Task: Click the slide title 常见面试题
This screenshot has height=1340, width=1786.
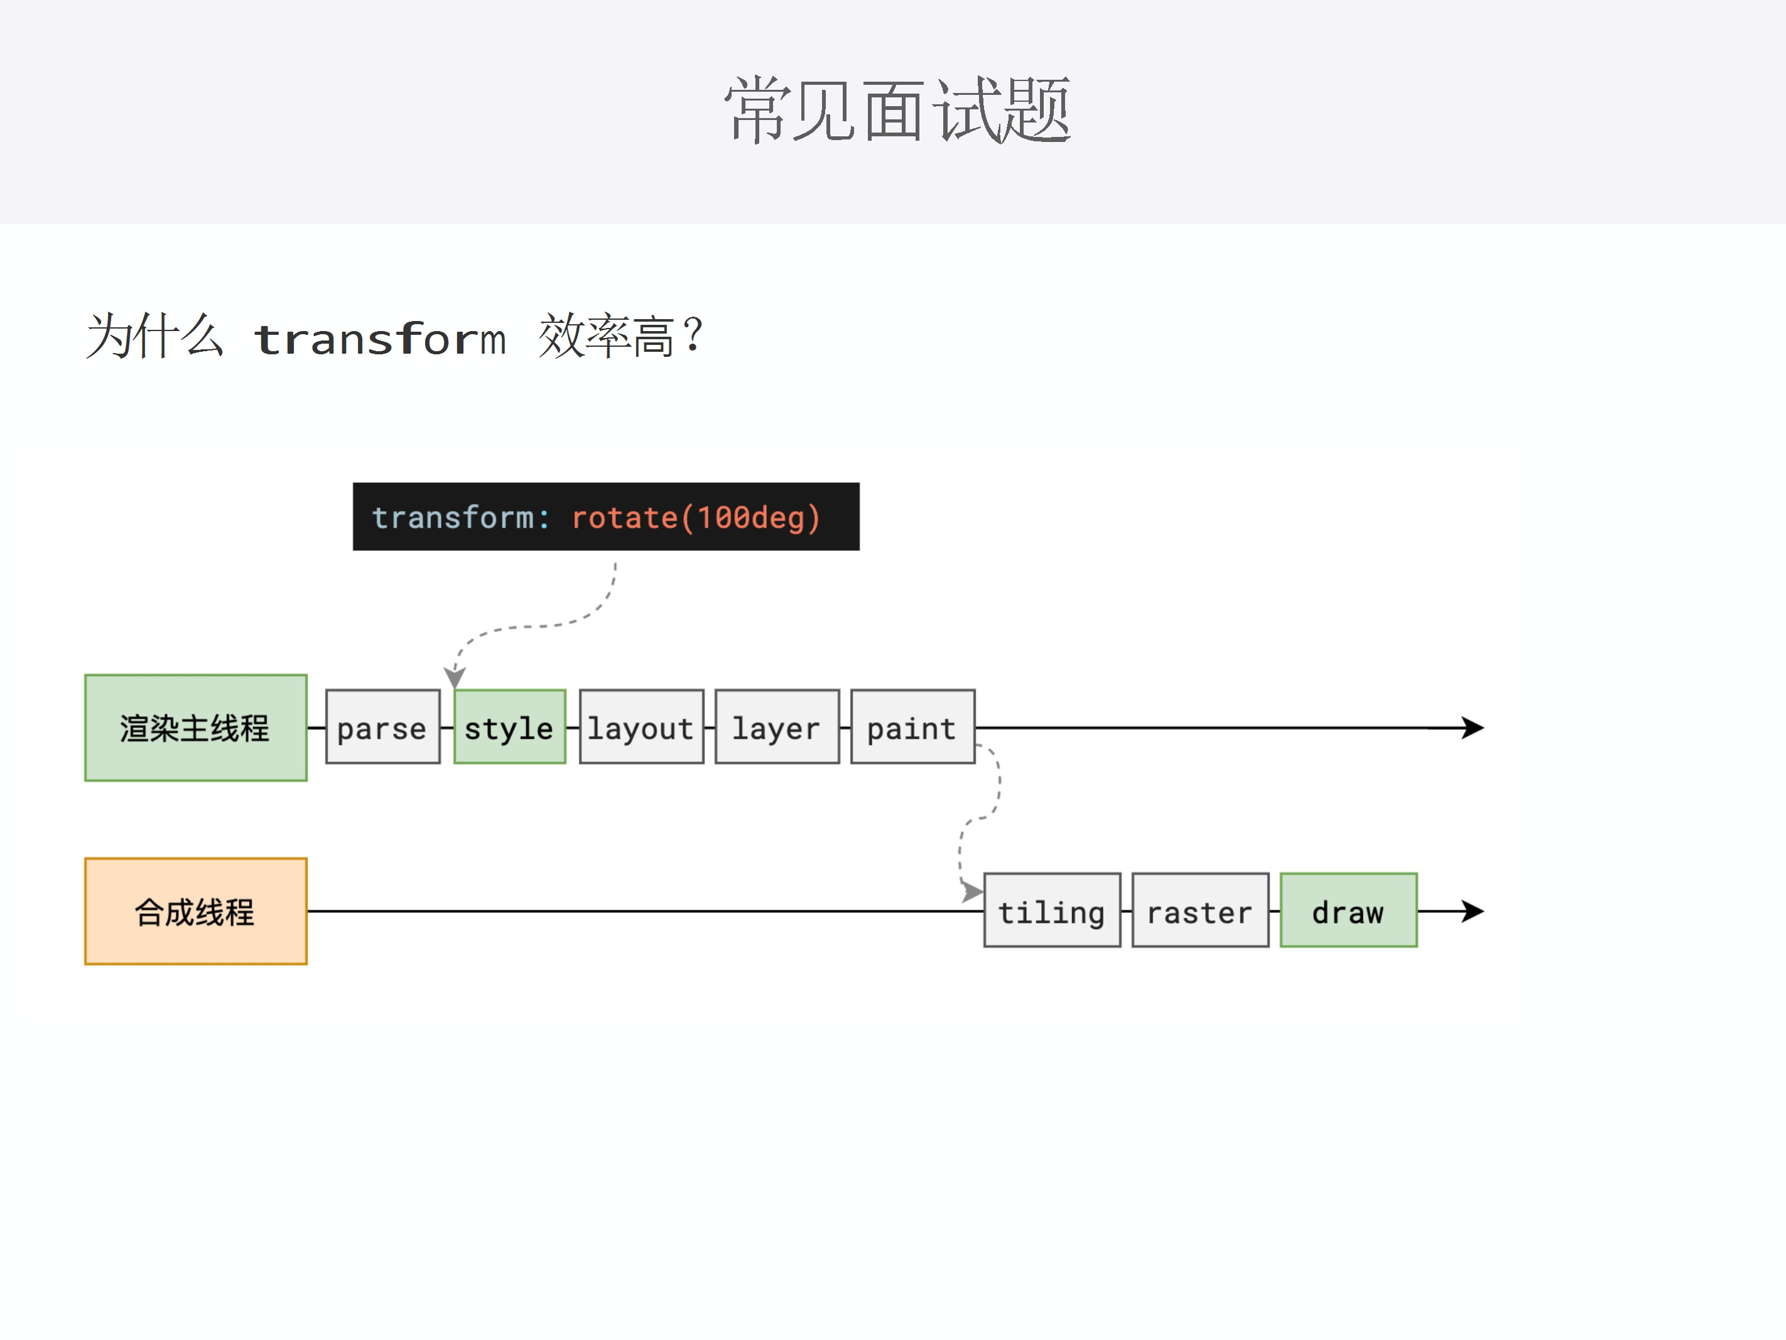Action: (x=896, y=110)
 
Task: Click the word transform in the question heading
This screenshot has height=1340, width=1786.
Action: (x=379, y=337)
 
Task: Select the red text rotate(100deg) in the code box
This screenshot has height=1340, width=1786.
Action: (x=696, y=518)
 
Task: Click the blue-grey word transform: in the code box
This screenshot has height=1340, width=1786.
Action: (x=460, y=518)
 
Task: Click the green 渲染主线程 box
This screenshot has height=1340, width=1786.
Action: (x=195, y=727)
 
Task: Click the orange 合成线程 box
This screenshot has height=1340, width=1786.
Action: (x=195, y=911)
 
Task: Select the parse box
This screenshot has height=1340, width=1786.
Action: (x=382, y=727)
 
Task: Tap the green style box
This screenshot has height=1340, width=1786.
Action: (x=509, y=727)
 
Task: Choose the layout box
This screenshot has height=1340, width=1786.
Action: (x=641, y=727)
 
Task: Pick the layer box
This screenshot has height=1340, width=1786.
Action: (x=777, y=727)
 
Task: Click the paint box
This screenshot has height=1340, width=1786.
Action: (x=912, y=727)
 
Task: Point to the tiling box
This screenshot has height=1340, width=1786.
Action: (x=1051, y=910)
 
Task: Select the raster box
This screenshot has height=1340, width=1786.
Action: (x=1200, y=910)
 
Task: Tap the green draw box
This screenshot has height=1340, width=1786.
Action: (x=1348, y=910)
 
